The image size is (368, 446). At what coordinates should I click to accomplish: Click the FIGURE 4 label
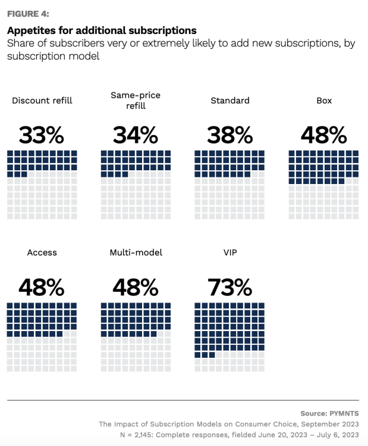tap(28, 14)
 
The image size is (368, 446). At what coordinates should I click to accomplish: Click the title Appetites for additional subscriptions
tap(102, 30)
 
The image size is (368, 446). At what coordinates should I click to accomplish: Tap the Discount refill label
tap(42, 101)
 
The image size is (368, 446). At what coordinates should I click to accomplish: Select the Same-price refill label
tap(136, 101)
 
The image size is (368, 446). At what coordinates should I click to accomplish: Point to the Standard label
tap(230, 101)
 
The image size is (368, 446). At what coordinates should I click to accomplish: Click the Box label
tap(324, 101)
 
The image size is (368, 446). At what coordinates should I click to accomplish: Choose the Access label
tap(42, 252)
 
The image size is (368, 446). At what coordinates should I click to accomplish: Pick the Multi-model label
tap(136, 252)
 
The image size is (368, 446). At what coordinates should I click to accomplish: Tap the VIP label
tap(230, 252)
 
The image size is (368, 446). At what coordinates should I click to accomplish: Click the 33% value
tap(42, 135)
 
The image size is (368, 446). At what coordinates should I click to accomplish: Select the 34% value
tap(136, 135)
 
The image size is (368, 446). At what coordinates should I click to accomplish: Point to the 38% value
tap(230, 135)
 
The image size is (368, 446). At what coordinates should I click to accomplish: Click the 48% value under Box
tap(324, 135)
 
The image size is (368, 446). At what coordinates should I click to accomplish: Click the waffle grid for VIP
tap(230, 337)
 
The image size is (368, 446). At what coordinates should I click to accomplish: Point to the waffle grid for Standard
tap(230, 185)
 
